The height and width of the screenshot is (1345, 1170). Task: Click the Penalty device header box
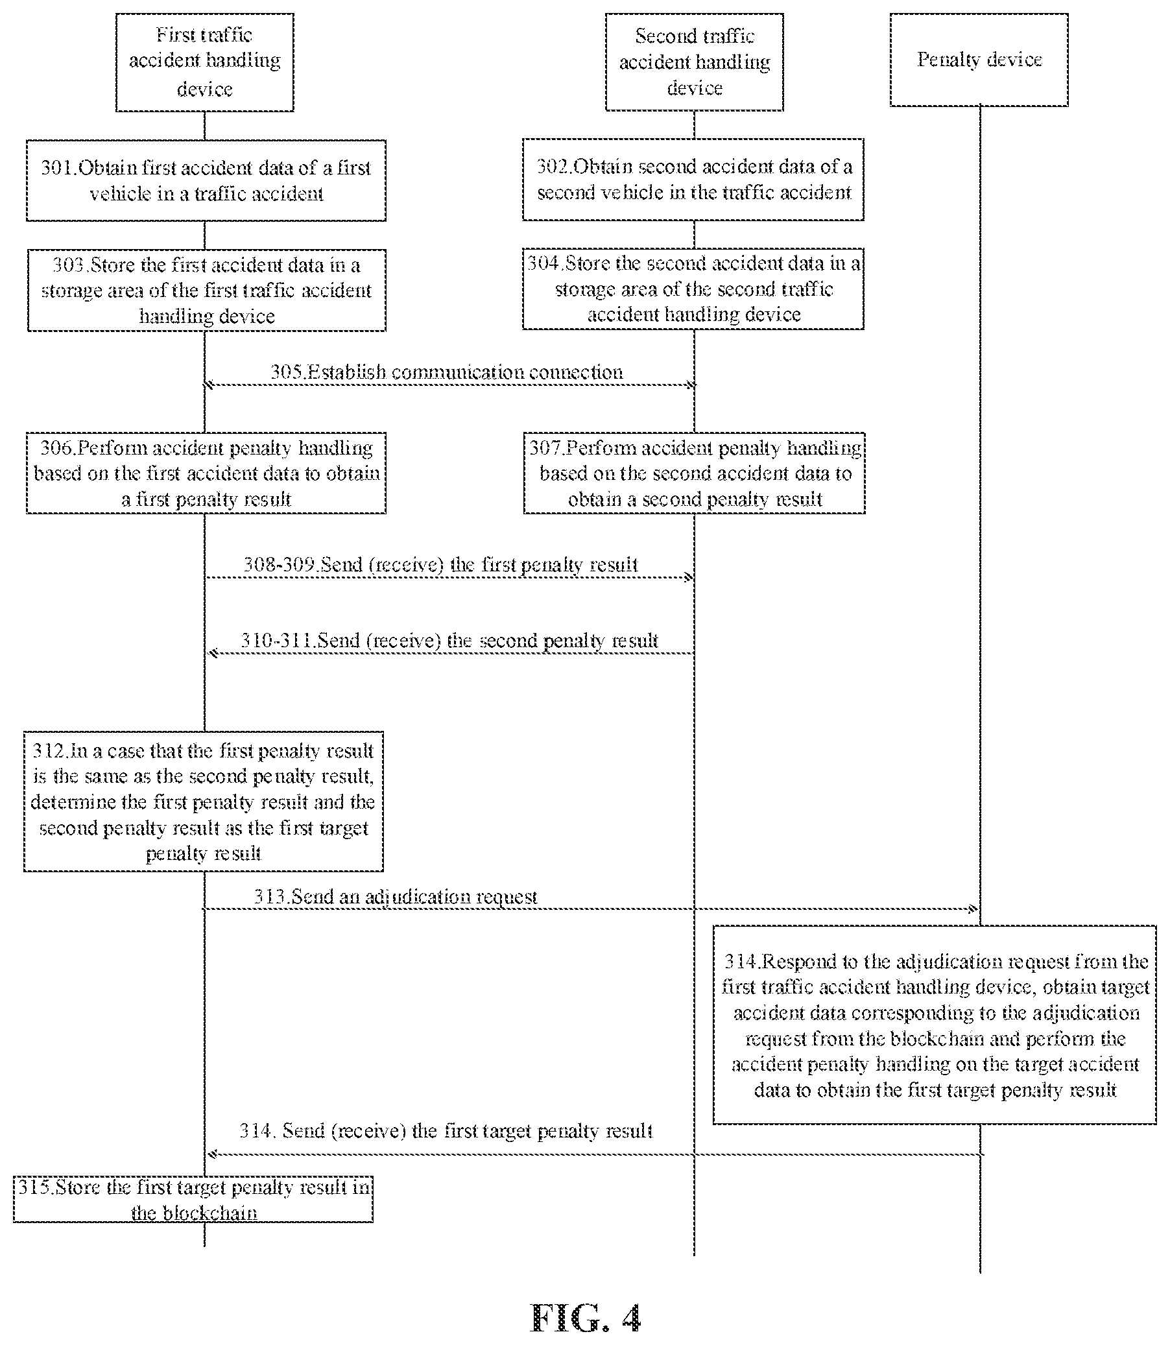(979, 60)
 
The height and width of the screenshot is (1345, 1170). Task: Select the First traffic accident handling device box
(205, 62)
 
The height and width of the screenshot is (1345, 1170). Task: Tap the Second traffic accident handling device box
(694, 62)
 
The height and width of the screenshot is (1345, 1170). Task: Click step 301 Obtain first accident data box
(206, 180)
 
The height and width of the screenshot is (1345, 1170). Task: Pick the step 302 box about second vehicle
(693, 180)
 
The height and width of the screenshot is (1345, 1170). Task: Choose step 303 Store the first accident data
(206, 290)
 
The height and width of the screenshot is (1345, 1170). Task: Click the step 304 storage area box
(693, 289)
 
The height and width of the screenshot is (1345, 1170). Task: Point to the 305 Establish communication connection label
(447, 372)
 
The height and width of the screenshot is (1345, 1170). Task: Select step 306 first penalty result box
(206, 473)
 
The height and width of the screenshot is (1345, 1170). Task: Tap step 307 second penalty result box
(694, 473)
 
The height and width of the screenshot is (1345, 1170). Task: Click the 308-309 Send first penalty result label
(441, 564)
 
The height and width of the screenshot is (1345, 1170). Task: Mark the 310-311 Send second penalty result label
(449, 640)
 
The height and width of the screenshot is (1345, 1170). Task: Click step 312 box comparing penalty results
(204, 801)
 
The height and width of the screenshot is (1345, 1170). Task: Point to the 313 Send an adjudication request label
(396, 896)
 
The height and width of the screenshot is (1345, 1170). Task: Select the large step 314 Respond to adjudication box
(935, 1025)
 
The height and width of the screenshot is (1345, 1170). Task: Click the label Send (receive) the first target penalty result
(446, 1130)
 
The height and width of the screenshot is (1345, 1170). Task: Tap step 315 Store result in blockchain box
(193, 1199)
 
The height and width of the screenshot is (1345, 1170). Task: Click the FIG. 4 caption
(586, 1317)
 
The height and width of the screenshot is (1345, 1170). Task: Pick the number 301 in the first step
(58, 168)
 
